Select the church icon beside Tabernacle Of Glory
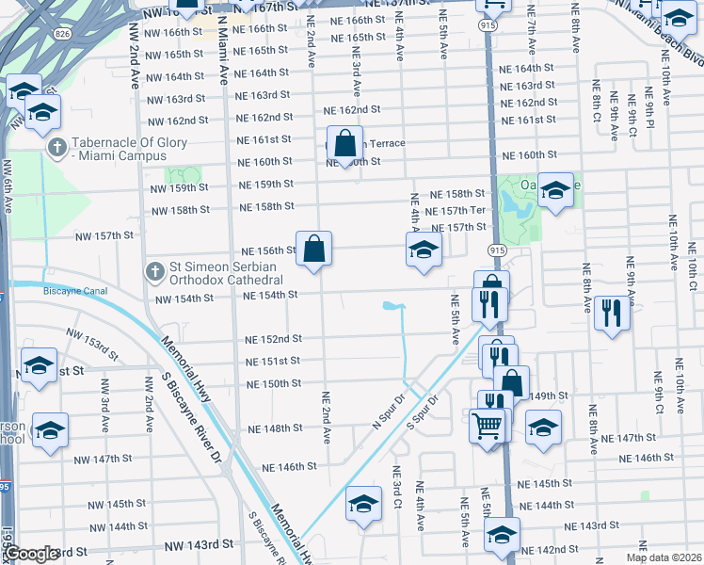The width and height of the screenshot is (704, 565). pyautogui.click(x=56, y=148)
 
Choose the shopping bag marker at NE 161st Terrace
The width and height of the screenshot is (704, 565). pyautogui.click(x=345, y=144)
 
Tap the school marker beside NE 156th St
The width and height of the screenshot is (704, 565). pyautogui.click(x=424, y=250)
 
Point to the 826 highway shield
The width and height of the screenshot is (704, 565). pyautogui.click(x=62, y=34)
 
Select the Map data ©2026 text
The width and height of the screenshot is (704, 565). pyautogui.click(x=664, y=557)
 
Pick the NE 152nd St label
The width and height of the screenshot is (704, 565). pyautogui.click(x=274, y=339)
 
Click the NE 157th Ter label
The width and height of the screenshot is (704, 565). pyautogui.click(x=457, y=211)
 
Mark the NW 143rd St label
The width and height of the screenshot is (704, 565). pyautogui.click(x=199, y=545)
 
